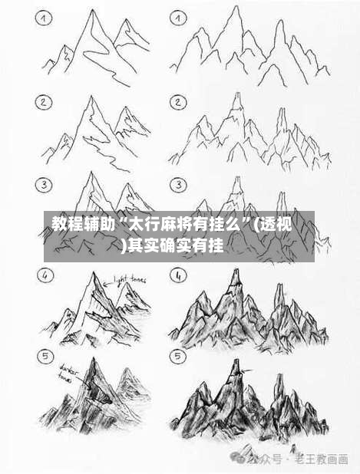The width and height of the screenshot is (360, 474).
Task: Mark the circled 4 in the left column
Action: [45, 274]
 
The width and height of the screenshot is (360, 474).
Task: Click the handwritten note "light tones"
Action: [130, 280]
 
